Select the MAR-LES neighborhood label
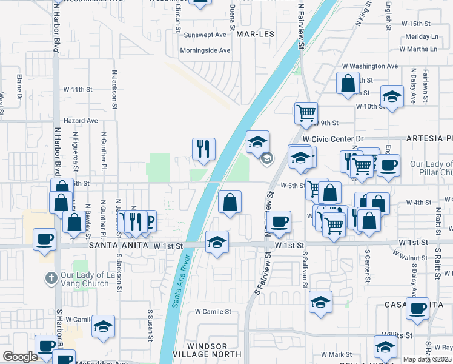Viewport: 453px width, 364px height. tap(255, 34)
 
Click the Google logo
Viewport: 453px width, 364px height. tap(20, 357)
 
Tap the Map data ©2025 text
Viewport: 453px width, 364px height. tap(427, 359)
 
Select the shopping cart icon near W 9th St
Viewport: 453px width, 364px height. tap(306, 112)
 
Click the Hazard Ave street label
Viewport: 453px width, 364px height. tap(84, 121)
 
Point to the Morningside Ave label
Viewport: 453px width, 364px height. tap(207, 50)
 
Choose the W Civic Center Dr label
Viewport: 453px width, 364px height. tap(332, 139)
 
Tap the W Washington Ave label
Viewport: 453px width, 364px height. tap(369, 66)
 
